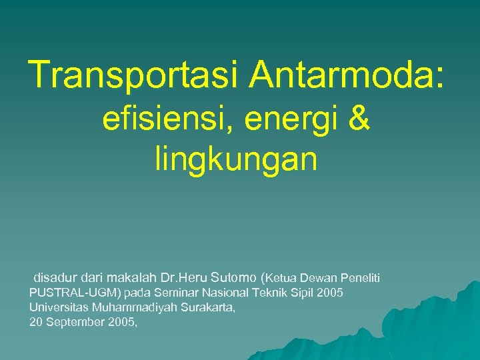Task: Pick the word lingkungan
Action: pos(236,160)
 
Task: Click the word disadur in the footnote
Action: pos(55,277)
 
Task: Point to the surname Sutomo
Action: pos(233,277)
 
